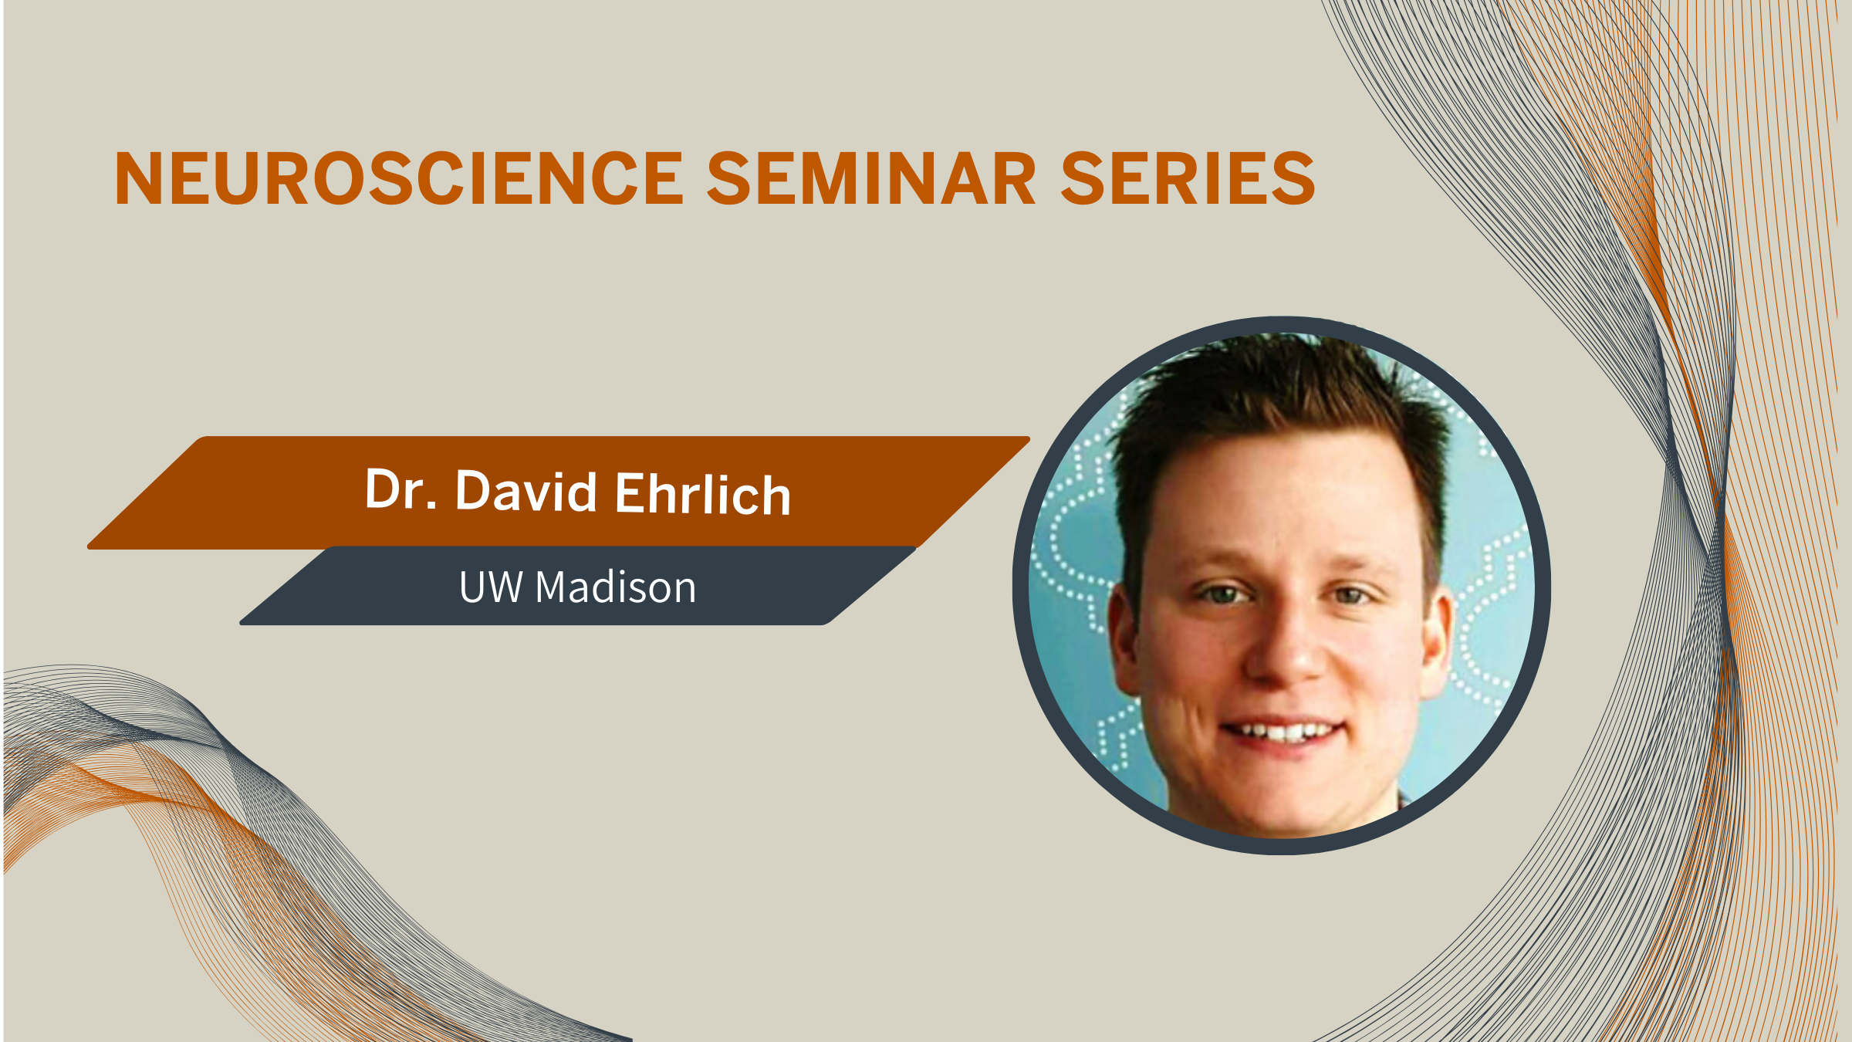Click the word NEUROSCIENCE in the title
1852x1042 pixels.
coord(399,178)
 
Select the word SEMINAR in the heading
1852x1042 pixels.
coord(872,178)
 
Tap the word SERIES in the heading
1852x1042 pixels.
coord(1188,178)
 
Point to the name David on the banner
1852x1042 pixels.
coord(526,491)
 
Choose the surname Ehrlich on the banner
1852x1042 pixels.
coord(703,494)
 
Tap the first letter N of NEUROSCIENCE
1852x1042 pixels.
coord(137,178)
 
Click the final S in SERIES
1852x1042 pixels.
coord(1294,178)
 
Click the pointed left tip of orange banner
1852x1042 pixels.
coord(89,546)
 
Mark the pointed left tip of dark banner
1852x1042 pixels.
coord(242,621)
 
